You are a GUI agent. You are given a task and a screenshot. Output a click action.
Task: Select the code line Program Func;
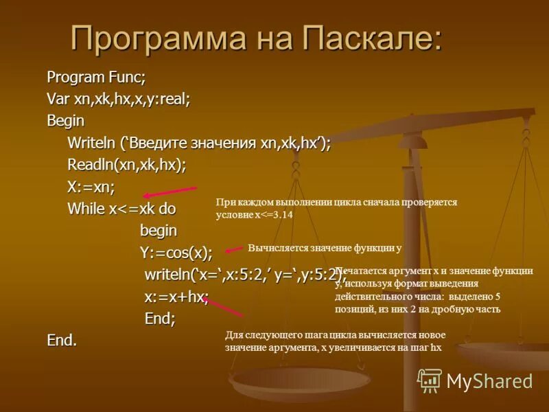95,76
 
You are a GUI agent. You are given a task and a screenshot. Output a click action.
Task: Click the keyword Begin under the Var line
65,120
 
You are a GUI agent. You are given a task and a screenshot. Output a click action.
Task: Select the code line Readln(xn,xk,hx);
126,165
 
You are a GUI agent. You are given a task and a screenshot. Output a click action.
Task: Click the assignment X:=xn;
91,187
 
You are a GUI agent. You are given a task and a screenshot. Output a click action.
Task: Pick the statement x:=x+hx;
176,297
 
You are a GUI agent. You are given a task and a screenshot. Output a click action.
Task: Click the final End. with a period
62,340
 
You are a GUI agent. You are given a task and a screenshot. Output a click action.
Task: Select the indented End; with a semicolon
160,318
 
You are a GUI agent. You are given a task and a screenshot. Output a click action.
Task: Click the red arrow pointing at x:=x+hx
223,307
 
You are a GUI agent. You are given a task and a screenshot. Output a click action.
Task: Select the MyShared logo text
489,381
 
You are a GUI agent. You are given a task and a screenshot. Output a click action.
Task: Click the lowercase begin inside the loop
159,230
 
